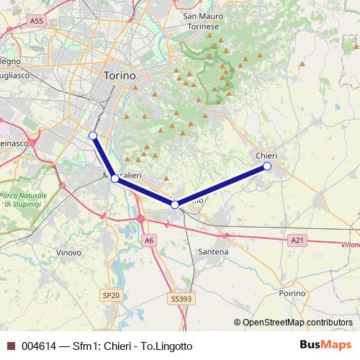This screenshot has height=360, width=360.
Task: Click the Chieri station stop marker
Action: pyautogui.click(x=267, y=166)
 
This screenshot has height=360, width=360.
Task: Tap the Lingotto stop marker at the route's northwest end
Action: pyautogui.click(x=92, y=135)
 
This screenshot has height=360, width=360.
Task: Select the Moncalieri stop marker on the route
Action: pyautogui.click(x=114, y=178)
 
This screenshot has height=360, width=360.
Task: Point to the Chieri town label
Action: pyautogui.click(x=266, y=156)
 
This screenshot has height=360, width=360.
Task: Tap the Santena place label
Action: pyautogui.click(x=213, y=252)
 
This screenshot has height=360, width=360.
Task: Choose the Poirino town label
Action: pyautogui.click(x=292, y=294)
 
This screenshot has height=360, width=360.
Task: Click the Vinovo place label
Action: pyautogui.click(x=68, y=253)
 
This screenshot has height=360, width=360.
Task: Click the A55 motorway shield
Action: pyautogui.click(x=37, y=22)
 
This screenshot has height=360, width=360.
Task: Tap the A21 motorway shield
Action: pyautogui.click(x=297, y=239)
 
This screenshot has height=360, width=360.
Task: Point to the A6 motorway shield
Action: pyautogui.click(x=148, y=240)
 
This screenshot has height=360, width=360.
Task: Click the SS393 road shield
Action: pyautogui.click(x=182, y=297)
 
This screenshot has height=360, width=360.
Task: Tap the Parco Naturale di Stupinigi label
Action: pyautogui.click(x=23, y=200)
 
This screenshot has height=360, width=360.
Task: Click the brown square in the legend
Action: pyautogui.click(x=11, y=346)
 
